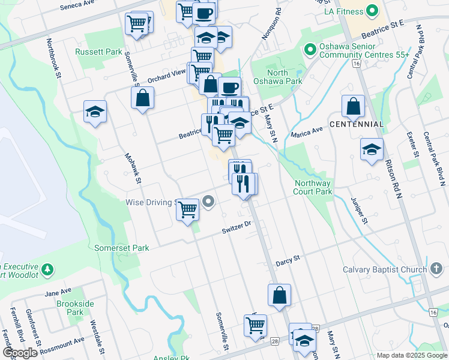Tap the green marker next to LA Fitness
373,11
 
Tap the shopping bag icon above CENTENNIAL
354,106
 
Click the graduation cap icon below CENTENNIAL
372,149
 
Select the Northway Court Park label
313,188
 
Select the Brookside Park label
75,308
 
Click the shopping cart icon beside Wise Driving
188,210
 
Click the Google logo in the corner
20,352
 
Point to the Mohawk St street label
132,169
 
